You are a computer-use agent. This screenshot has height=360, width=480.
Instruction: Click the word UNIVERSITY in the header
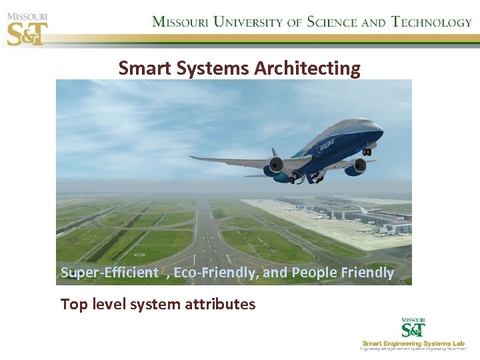[x=246, y=22]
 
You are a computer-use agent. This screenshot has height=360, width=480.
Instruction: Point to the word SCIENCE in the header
[x=333, y=22]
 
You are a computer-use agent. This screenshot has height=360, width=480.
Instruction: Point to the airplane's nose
[x=379, y=124]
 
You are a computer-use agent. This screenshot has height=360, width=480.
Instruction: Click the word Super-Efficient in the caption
[x=109, y=273]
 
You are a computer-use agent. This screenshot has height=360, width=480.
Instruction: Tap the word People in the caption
[x=315, y=273]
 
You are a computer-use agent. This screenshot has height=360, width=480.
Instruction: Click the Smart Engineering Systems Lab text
[x=414, y=343]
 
